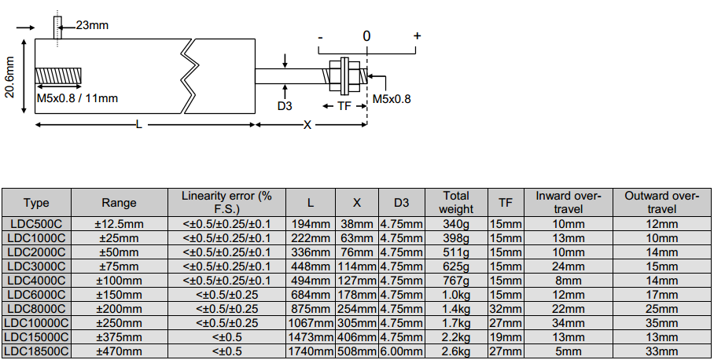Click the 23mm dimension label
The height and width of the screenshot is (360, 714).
(x=92, y=25)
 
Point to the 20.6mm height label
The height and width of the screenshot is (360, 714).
(x=10, y=77)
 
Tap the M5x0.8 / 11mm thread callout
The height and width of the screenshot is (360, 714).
(x=77, y=98)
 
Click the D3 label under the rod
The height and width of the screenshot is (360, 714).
(x=285, y=105)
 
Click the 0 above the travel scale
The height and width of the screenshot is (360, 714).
(x=366, y=36)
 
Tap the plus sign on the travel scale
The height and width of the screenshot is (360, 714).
(x=417, y=36)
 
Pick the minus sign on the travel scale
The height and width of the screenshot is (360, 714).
(x=320, y=37)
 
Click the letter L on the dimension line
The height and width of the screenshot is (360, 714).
(x=139, y=125)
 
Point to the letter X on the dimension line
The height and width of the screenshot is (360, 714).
(x=307, y=125)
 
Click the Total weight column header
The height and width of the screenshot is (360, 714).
(x=456, y=202)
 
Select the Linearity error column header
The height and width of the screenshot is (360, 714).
(x=226, y=202)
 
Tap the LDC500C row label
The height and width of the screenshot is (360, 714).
(x=36, y=224)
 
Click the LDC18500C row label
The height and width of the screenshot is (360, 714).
(x=36, y=351)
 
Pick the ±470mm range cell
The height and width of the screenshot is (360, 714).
(x=119, y=351)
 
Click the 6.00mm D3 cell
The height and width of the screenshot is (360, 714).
(x=401, y=351)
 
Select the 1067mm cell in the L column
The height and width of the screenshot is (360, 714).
(x=310, y=323)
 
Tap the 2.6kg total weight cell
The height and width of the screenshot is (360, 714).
(x=456, y=351)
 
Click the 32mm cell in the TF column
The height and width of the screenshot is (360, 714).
(x=506, y=309)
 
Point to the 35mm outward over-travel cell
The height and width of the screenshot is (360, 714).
(x=661, y=323)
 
